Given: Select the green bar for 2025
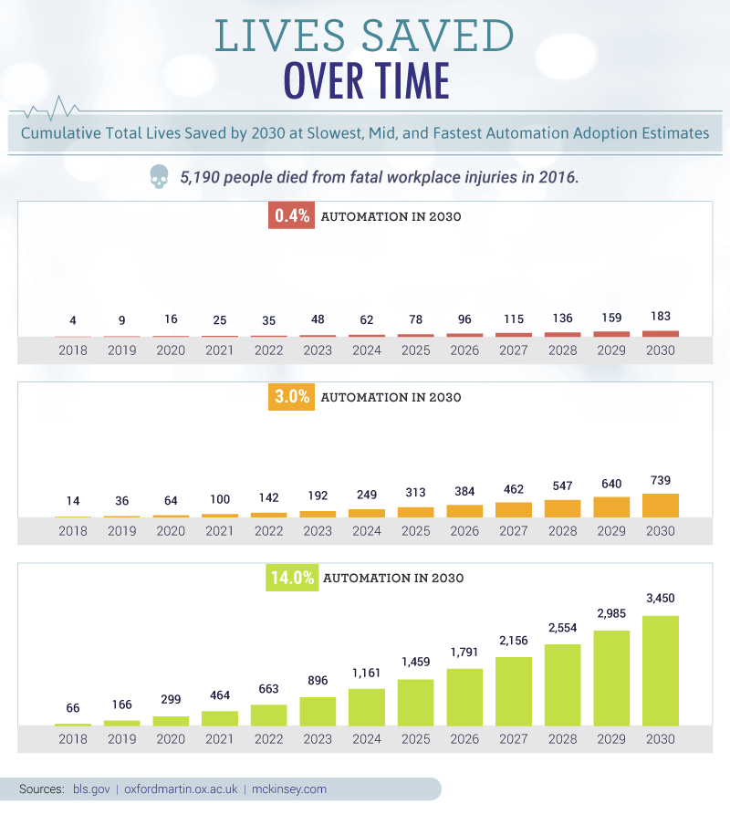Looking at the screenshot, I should pyautogui.click(x=415, y=702).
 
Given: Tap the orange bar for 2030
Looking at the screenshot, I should pyautogui.click(x=661, y=506).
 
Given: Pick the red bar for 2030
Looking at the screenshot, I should pyautogui.click(x=661, y=333).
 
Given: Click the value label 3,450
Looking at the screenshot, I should pyautogui.click(x=661, y=598).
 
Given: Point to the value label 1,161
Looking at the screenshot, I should pyautogui.click(x=366, y=671).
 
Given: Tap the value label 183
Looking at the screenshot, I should pyautogui.click(x=661, y=316).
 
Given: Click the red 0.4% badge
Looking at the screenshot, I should pyautogui.click(x=290, y=217).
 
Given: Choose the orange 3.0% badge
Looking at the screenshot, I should pyautogui.click(x=290, y=397).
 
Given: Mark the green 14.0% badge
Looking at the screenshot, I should pyautogui.click(x=292, y=578).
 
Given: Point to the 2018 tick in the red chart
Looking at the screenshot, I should pyautogui.click(x=72, y=350).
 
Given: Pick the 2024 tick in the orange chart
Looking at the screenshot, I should pyautogui.click(x=366, y=531).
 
